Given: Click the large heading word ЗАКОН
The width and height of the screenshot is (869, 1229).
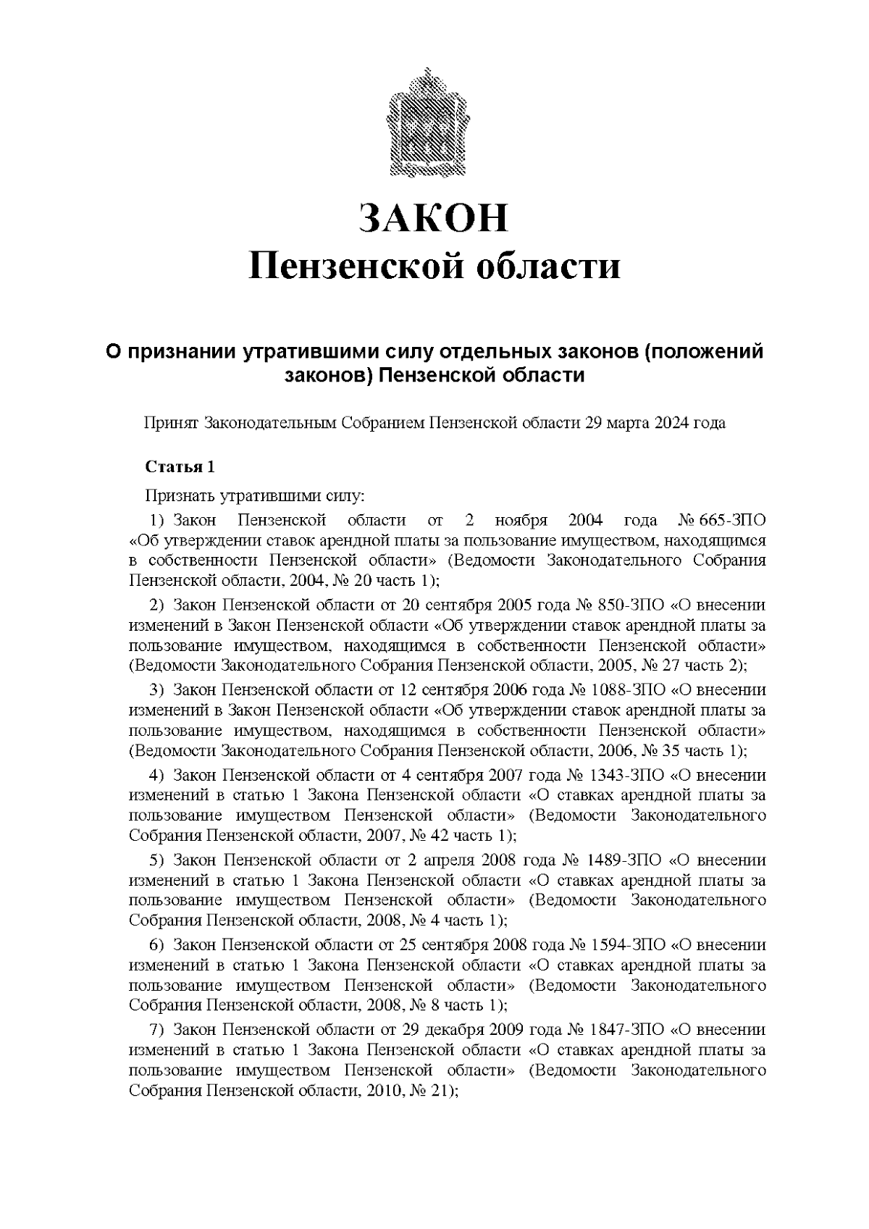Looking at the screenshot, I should [x=434, y=217].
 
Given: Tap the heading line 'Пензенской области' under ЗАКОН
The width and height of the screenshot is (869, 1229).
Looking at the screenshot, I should [x=434, y=266].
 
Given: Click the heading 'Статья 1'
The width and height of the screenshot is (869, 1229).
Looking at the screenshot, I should [x=180, y=466].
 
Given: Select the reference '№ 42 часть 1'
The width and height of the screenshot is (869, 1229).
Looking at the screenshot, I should [x=461, y=836].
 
